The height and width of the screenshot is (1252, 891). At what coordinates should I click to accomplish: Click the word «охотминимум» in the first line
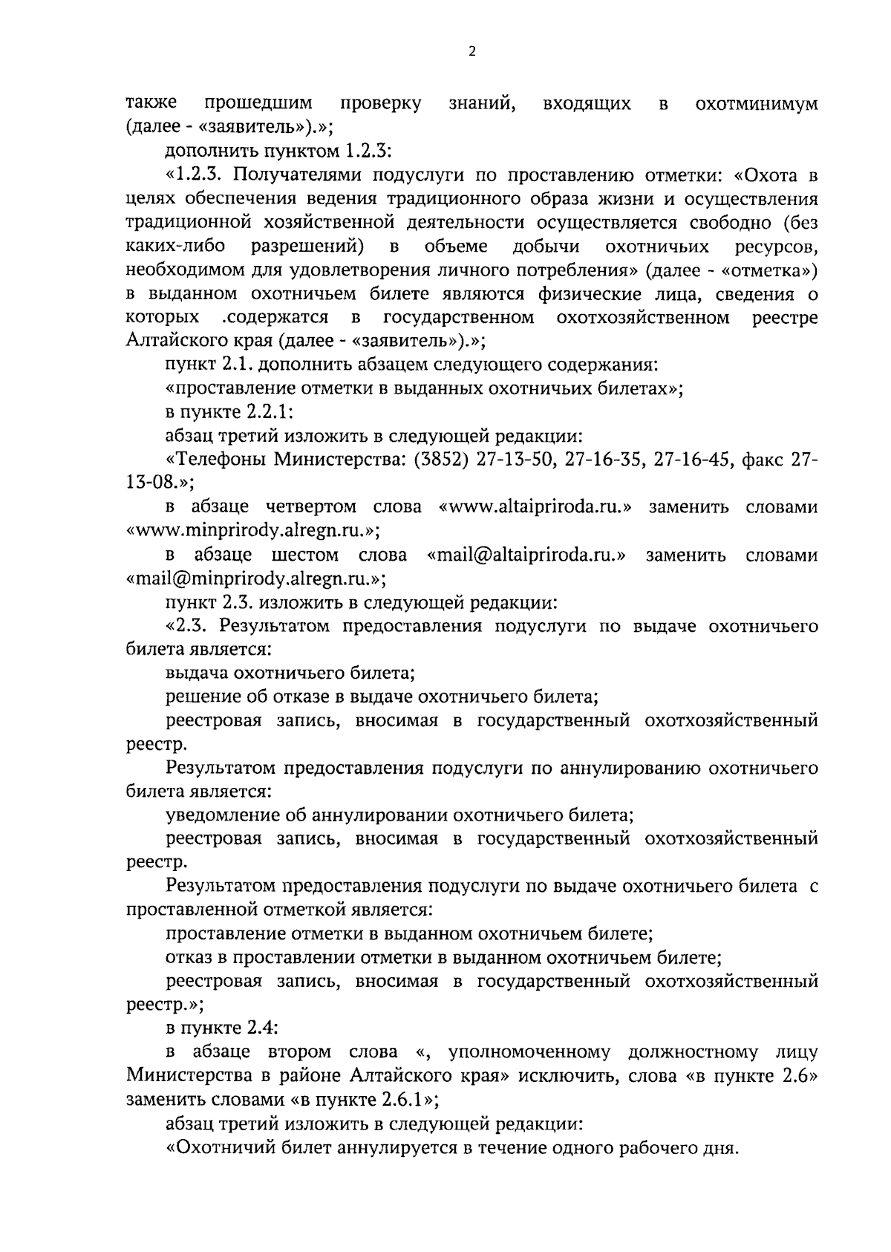click(757, 104)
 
